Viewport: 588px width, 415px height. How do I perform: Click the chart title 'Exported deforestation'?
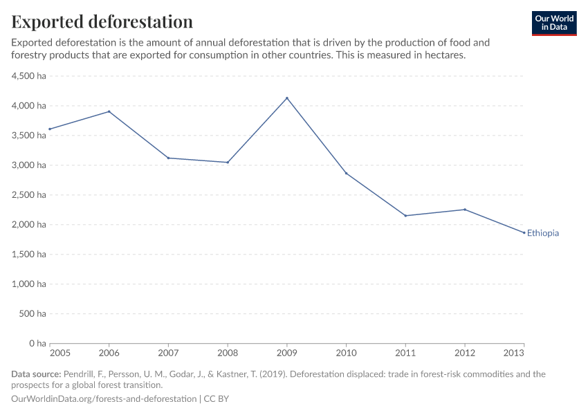click(x=102, y=21)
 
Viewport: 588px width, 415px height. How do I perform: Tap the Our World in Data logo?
click(x=553, y=23)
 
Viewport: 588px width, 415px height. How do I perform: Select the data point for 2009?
click(x=287, y=98)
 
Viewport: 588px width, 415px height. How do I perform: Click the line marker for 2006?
click(x=109, y=111)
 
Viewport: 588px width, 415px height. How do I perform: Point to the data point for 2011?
click(x=405, y=216)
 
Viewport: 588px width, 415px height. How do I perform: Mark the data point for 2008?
click(x=228, y=163)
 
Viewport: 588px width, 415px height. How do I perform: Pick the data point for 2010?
click(x=347, y=173)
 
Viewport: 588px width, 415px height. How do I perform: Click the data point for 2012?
click(x=465, y=210)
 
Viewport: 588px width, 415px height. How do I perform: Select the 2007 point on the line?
click(x=168, y=158)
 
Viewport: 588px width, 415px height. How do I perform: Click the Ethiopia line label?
click(x=543, y=233)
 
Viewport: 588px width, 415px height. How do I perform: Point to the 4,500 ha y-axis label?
click(x=29, y=76)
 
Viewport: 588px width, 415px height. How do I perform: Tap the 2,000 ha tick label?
click(x=29, y=225)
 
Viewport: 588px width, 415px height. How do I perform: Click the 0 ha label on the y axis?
click(x=37, y=344)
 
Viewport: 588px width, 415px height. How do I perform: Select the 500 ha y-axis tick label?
click(x=33, y=314)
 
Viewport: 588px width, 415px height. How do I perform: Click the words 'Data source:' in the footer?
click(x=36, y=374)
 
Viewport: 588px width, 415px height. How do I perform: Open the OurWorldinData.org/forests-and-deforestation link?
click(x=104, y=399)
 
